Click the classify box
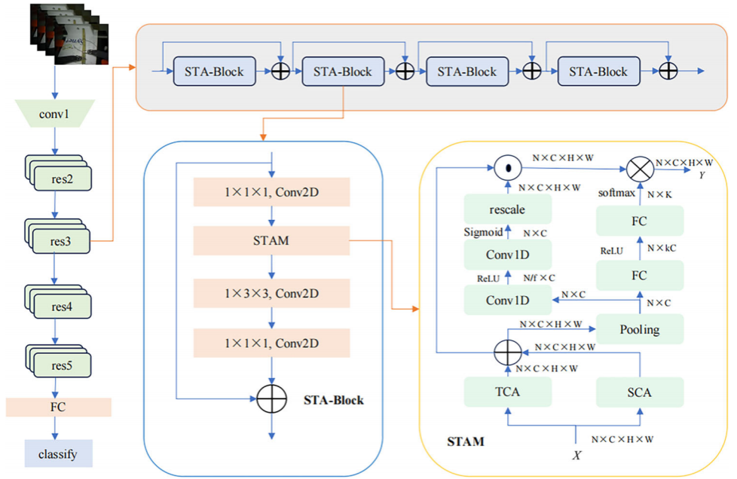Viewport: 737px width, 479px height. click(x=58, y=453)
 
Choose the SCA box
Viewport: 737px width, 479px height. click(x=639, y=392)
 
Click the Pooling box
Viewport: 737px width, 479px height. click(x=639, y=329)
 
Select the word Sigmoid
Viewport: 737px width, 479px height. click(x=482, y=233)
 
